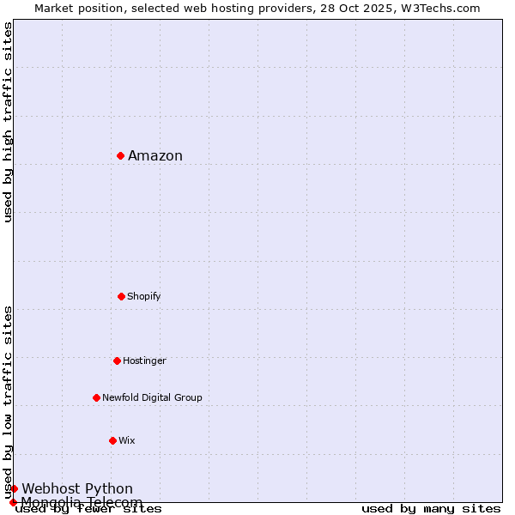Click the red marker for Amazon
pyautogui.click(x=121, y=155)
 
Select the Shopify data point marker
pyautogui.click(x=121, y=296)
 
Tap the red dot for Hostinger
pyautogui.click(x=117, y=360)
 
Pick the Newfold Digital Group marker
pyautogui.click(x=96, y=397)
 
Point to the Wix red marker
pyautogui.click(x=112, y=440)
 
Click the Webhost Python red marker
pyautogui.click(x=14, y=488)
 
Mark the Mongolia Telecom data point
pyautogui.click(x=13, y=502)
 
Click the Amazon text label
pyautogui.click(x=155, y=155)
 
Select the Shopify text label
pyautogui.click(x=144, y=296)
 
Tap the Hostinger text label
pyautogui.click(x=144, y=360)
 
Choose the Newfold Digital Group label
pyautogui.click(x=152, y=397)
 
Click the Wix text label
pyautogui.click(x=127, y=440)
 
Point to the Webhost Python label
pyautogui.click(x=77, y=488)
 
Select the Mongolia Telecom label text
pyautogui.click(x=82, y=502)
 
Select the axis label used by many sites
pyautogui.click(x=431, y=508)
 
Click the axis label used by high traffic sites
pyautogui.click(x=8, y=122)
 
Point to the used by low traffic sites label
pyautogui.click(x=8, y=402)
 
